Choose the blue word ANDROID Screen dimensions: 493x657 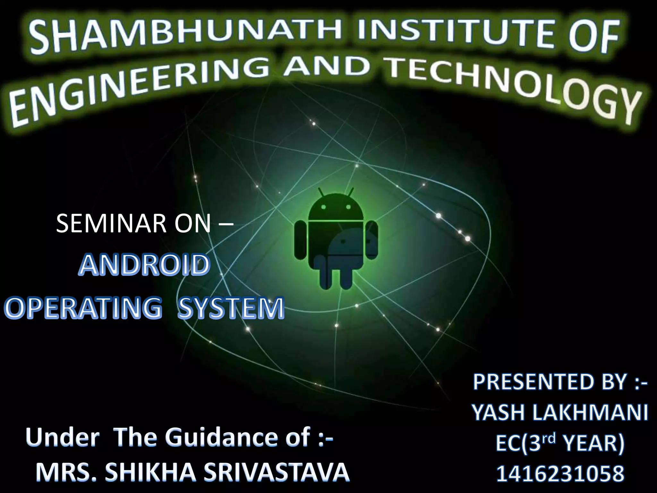144,265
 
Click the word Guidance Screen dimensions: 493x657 237,437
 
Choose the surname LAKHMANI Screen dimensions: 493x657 590,412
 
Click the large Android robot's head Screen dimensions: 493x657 336,207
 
